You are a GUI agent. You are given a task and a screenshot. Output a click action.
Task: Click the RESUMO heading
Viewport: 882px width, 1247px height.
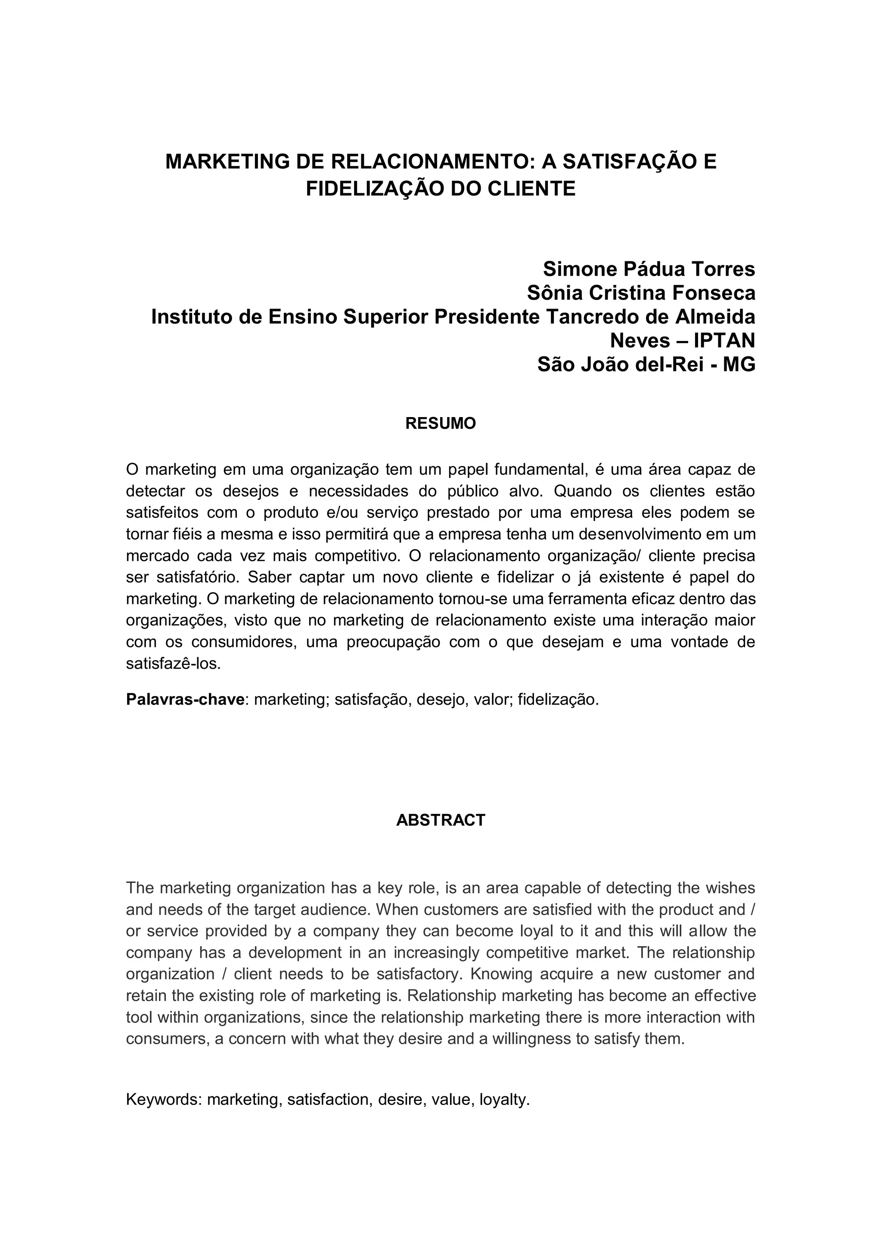pyautogui.click(x=440, y=424)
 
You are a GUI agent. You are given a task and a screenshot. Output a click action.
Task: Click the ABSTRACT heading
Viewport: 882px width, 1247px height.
pyautogui.click(x=440, y=820)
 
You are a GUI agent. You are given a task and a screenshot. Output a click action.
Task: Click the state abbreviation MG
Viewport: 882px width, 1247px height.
pyautogui.click(x=739, y=365)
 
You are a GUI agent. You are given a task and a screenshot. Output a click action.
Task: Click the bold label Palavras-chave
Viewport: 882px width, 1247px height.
pyautogui.click(x=185, y=699)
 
